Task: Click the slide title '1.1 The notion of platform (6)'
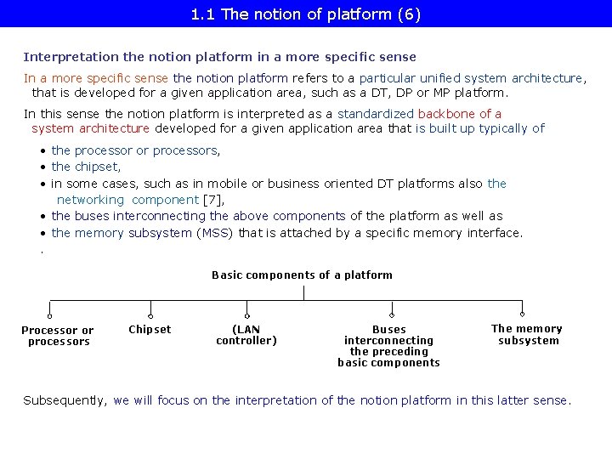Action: (306, 14)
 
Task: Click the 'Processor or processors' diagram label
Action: (58, 336)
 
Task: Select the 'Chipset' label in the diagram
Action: (150, 330)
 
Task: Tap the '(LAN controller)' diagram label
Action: (246, 335)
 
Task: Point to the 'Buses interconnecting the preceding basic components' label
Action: (388, 346)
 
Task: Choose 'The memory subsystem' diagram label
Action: (527, 335)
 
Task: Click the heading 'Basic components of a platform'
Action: (302, 275)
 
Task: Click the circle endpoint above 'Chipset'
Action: (150, 314)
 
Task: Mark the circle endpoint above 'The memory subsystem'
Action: (522, 314)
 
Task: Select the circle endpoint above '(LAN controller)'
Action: (246, 314)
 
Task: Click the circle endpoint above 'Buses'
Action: (388, 314)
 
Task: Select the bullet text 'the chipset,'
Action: (86, 167)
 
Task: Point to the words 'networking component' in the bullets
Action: (127, 200)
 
